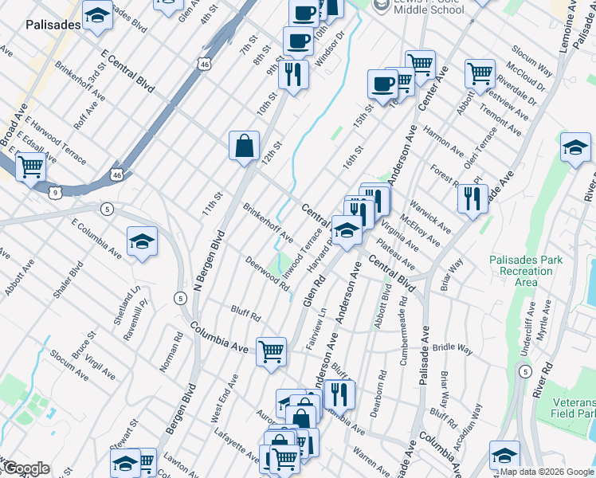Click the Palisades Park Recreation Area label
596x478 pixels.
[x=525, y=271]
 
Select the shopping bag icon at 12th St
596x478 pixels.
[x=245, y=147]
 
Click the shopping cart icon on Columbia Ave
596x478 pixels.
[x=272, y=351]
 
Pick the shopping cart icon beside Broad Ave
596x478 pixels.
[x=30, y=168]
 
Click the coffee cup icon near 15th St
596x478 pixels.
[x=382, y=84]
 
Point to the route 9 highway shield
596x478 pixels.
[x=54, y=192]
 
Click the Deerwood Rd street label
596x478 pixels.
[x=266, y=273]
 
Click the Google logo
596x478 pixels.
[x=25, y=468]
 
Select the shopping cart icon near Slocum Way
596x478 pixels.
[x=480, y=73]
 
